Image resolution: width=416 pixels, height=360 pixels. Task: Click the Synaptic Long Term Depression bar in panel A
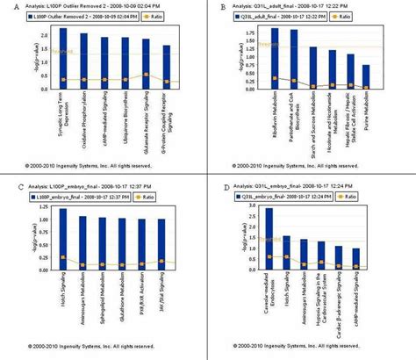pyautogui.click(x=62, y=58)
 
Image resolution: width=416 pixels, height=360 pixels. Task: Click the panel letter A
pyautogui.click(x=5, y=7)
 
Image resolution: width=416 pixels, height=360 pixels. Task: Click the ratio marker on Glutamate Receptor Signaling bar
pyautogui.click(x=146, y=75)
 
